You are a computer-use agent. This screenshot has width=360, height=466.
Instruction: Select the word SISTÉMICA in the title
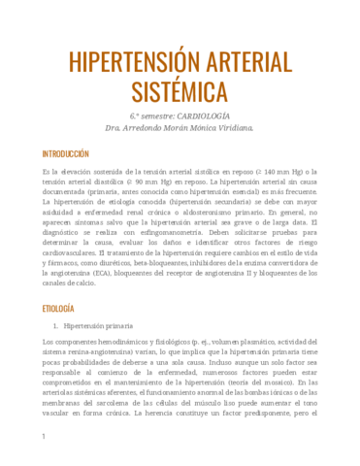point(180,92)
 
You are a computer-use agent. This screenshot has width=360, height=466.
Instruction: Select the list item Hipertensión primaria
point(99,326)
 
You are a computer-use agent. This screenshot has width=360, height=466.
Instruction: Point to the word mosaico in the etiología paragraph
point(282,384)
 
